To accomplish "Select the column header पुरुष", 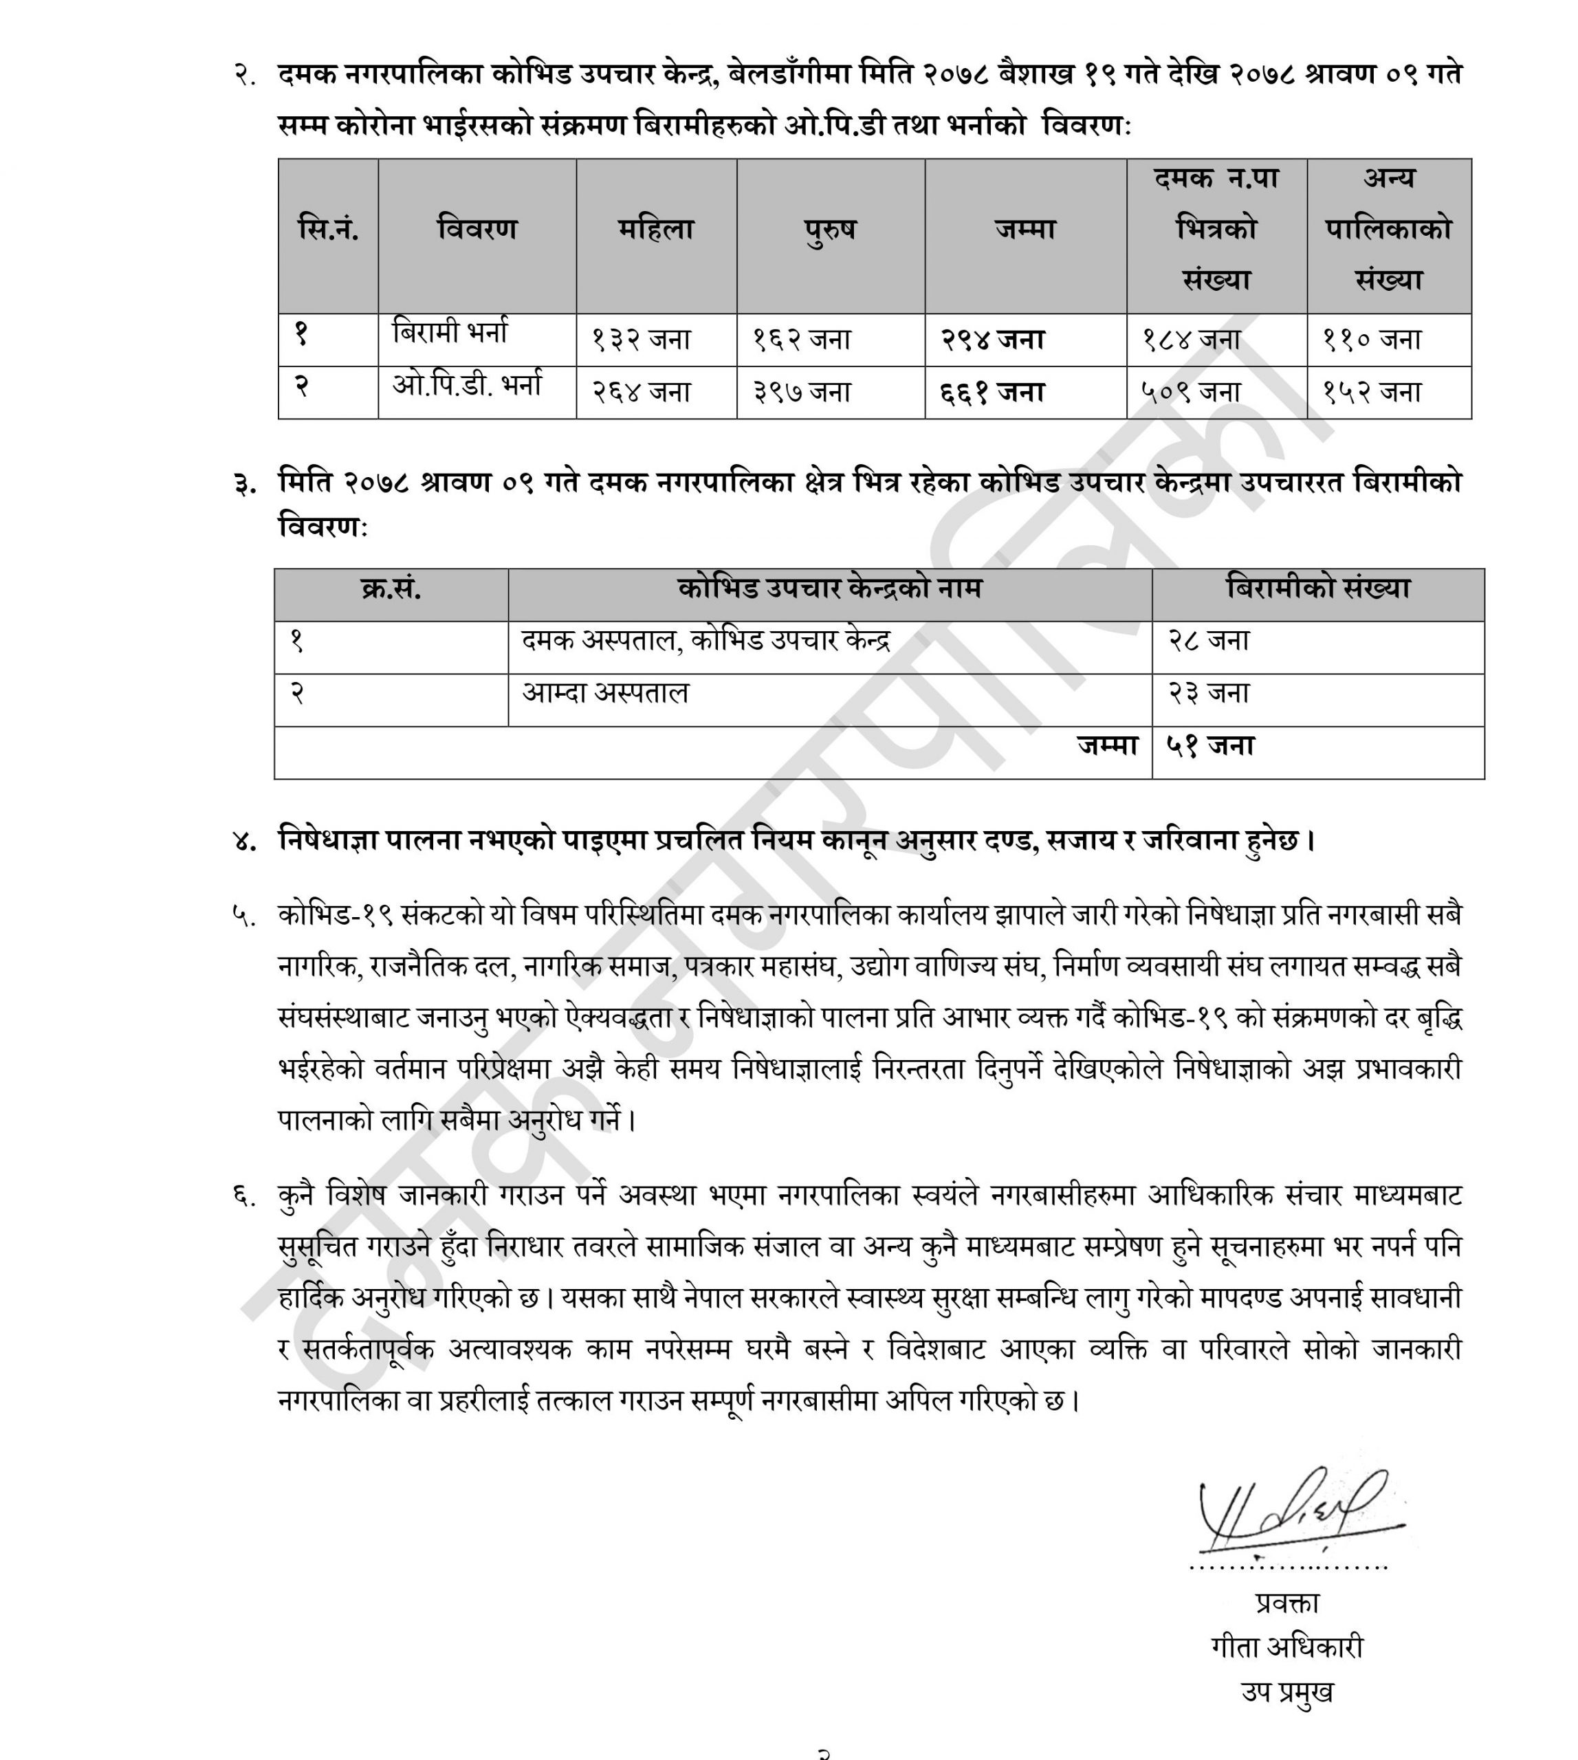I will (830, 230).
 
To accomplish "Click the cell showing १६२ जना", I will (801, 340).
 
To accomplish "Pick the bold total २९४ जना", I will (993, 340).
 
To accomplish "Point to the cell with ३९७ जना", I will (801, 393).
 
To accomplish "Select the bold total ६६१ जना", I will (993, 393).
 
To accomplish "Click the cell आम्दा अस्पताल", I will (605, 694).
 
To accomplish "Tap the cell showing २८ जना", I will (1208, 641).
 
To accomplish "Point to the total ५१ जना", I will (1210, 747).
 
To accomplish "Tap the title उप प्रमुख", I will (1288, 1691).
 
